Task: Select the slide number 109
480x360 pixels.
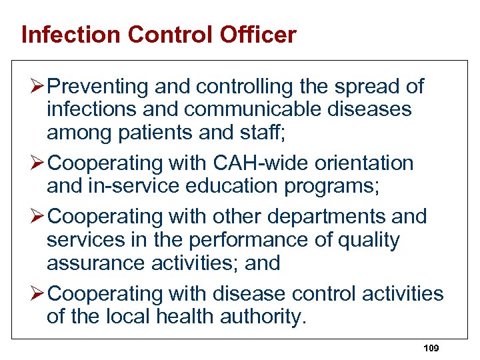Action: pos(431,348)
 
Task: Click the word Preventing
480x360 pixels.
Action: pos(99,87)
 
